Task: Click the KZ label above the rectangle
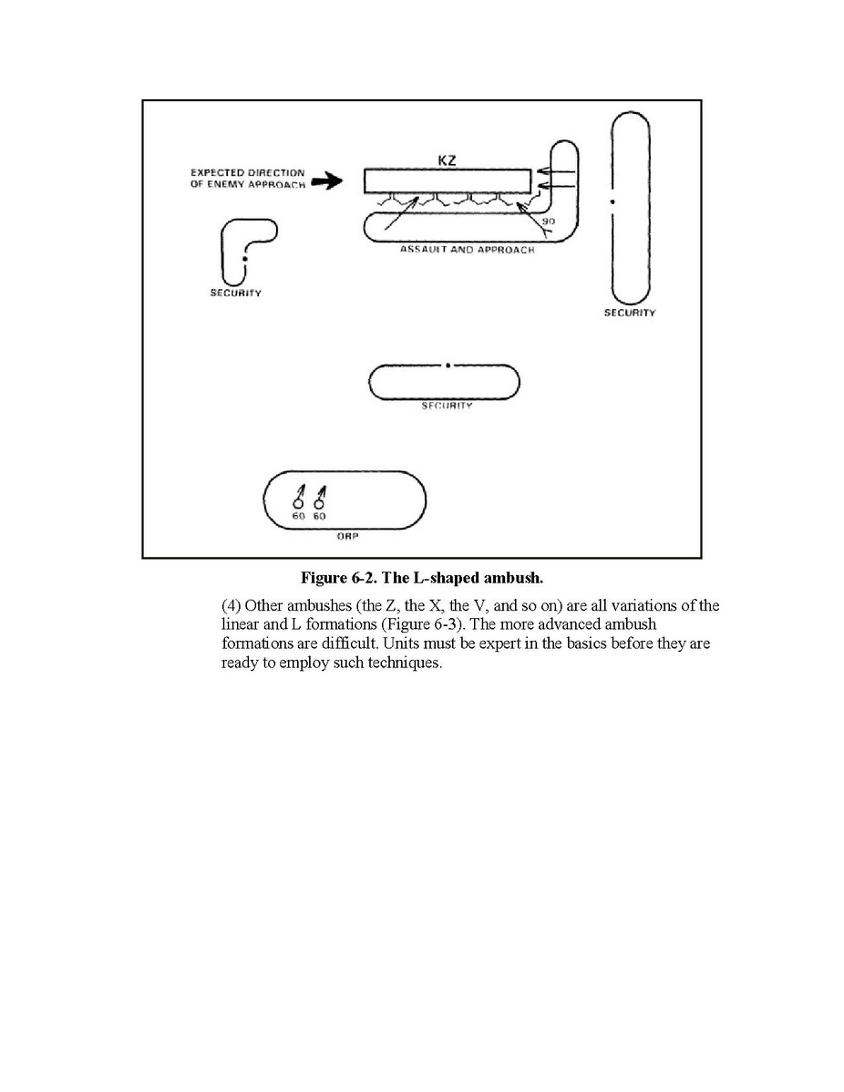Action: (448, 161)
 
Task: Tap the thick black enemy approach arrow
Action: (326, 182)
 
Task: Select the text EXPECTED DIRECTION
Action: (248, 173)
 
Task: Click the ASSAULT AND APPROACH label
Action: (468, 250)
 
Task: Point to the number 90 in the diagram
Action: (548, 221)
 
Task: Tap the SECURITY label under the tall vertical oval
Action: (629, 313)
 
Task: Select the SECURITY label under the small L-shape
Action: (235, 294)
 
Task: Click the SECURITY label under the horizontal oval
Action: (447, 406)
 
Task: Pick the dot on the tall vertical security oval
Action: (613, 200)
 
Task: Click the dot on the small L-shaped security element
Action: (244, 260)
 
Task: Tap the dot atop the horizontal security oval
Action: (448, 366)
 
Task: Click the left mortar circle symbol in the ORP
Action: (297, 503)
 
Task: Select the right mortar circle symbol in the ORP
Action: (319, 503)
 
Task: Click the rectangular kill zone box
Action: (447, 181)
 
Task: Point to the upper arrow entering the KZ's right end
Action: (555, 170)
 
